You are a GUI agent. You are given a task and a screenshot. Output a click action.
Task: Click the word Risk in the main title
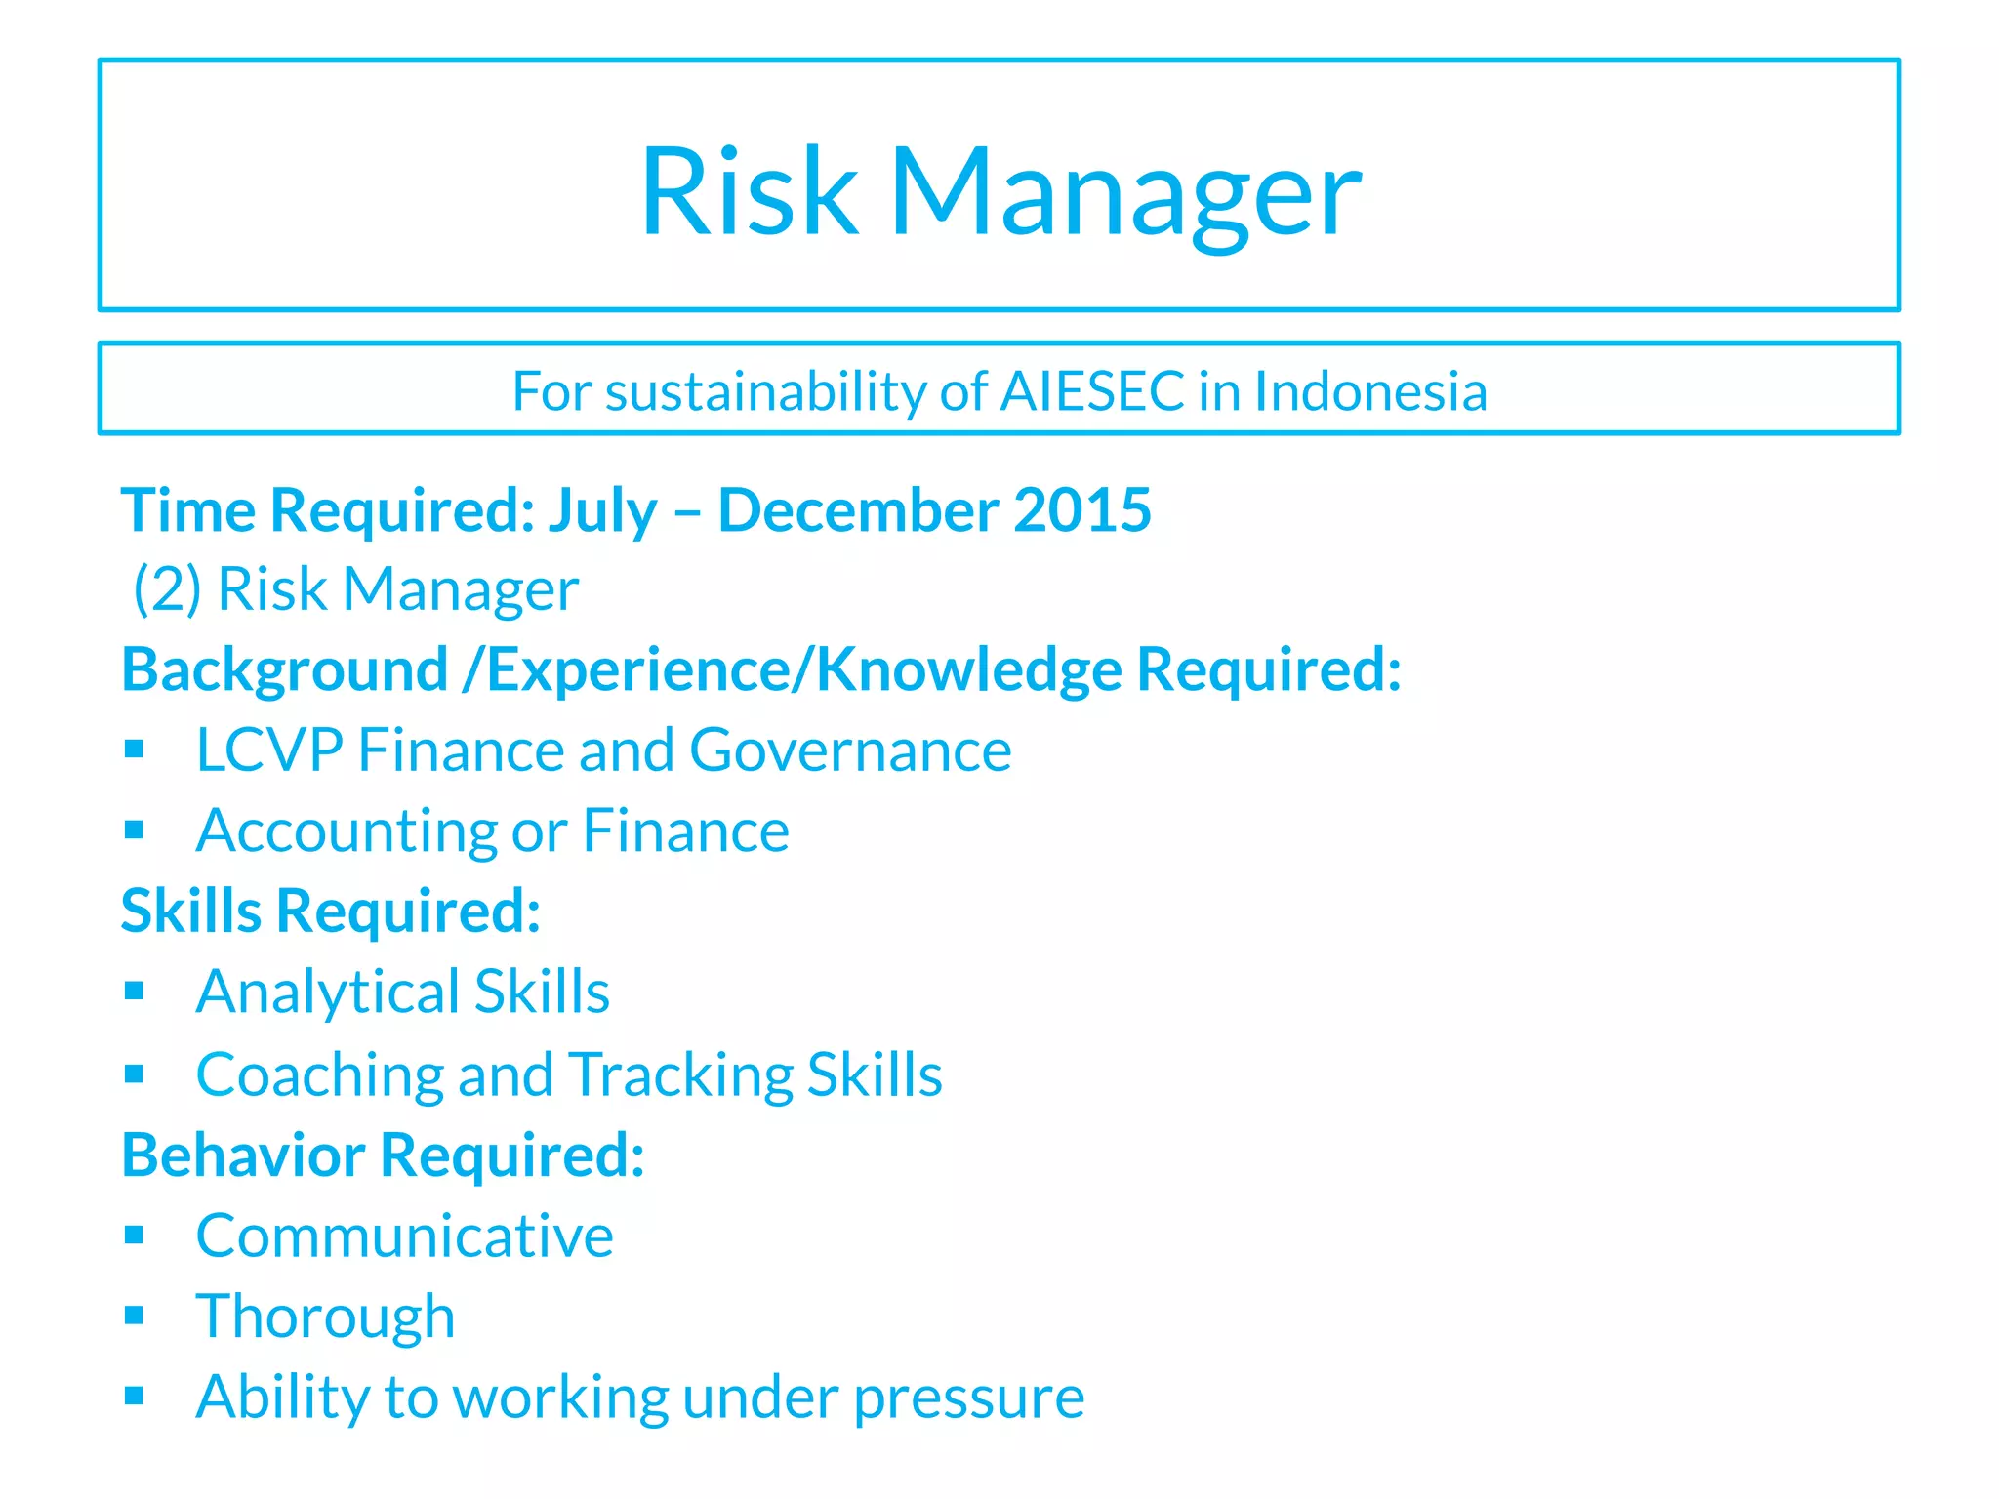point(749,191)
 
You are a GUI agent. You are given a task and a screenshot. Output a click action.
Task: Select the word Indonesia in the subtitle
point(1370,391)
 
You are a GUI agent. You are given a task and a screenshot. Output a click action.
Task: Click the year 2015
point(1081,509)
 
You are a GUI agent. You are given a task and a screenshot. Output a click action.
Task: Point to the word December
point(857,509)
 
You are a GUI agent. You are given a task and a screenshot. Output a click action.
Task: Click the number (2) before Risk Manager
point(167,589)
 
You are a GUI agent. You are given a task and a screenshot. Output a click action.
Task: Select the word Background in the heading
point(284,670)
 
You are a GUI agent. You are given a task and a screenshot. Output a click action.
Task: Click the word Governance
point(850,750)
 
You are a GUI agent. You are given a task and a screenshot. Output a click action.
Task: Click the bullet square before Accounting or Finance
point(135,831)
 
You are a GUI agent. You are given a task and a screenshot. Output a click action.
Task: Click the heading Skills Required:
point(330,912)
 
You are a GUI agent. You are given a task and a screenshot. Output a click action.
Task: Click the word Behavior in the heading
point(243,1155)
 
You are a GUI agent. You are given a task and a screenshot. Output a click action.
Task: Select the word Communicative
point(404,1236)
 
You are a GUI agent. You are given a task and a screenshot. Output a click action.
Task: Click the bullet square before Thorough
point(135,1316)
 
